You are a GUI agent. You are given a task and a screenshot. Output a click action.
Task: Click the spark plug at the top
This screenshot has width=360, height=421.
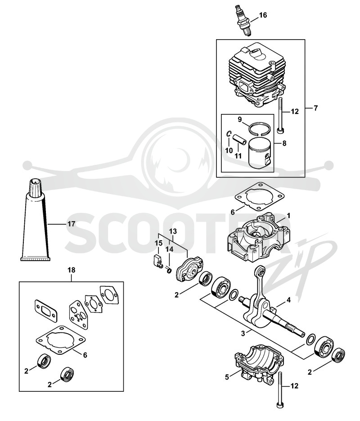click(243, 20)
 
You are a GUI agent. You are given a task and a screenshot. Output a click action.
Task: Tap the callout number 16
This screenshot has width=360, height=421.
click(263, 15)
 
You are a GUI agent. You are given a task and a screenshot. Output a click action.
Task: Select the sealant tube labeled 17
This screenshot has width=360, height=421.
click(36, 219)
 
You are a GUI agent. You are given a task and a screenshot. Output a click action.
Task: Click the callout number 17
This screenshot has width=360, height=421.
click(71, 224)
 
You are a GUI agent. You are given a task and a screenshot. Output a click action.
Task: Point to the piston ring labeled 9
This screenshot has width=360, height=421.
click(260, 127)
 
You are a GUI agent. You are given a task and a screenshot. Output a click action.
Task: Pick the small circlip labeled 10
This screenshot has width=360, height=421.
click(228, 134)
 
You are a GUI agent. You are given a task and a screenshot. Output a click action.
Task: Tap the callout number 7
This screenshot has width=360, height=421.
click(315, 108)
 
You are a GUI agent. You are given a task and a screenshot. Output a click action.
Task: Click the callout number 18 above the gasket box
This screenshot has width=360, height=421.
click(72, 270)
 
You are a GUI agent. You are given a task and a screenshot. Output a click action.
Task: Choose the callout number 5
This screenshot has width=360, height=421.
click(227, 377)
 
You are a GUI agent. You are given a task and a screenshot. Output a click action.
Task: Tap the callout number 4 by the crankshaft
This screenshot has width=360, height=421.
click(288, 300)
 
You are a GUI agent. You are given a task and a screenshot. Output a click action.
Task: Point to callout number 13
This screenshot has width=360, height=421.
click(173, 231)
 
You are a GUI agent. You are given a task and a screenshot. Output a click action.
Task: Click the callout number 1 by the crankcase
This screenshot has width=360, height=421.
click(288, 216)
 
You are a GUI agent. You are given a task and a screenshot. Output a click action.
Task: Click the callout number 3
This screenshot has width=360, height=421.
click(243, 334)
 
